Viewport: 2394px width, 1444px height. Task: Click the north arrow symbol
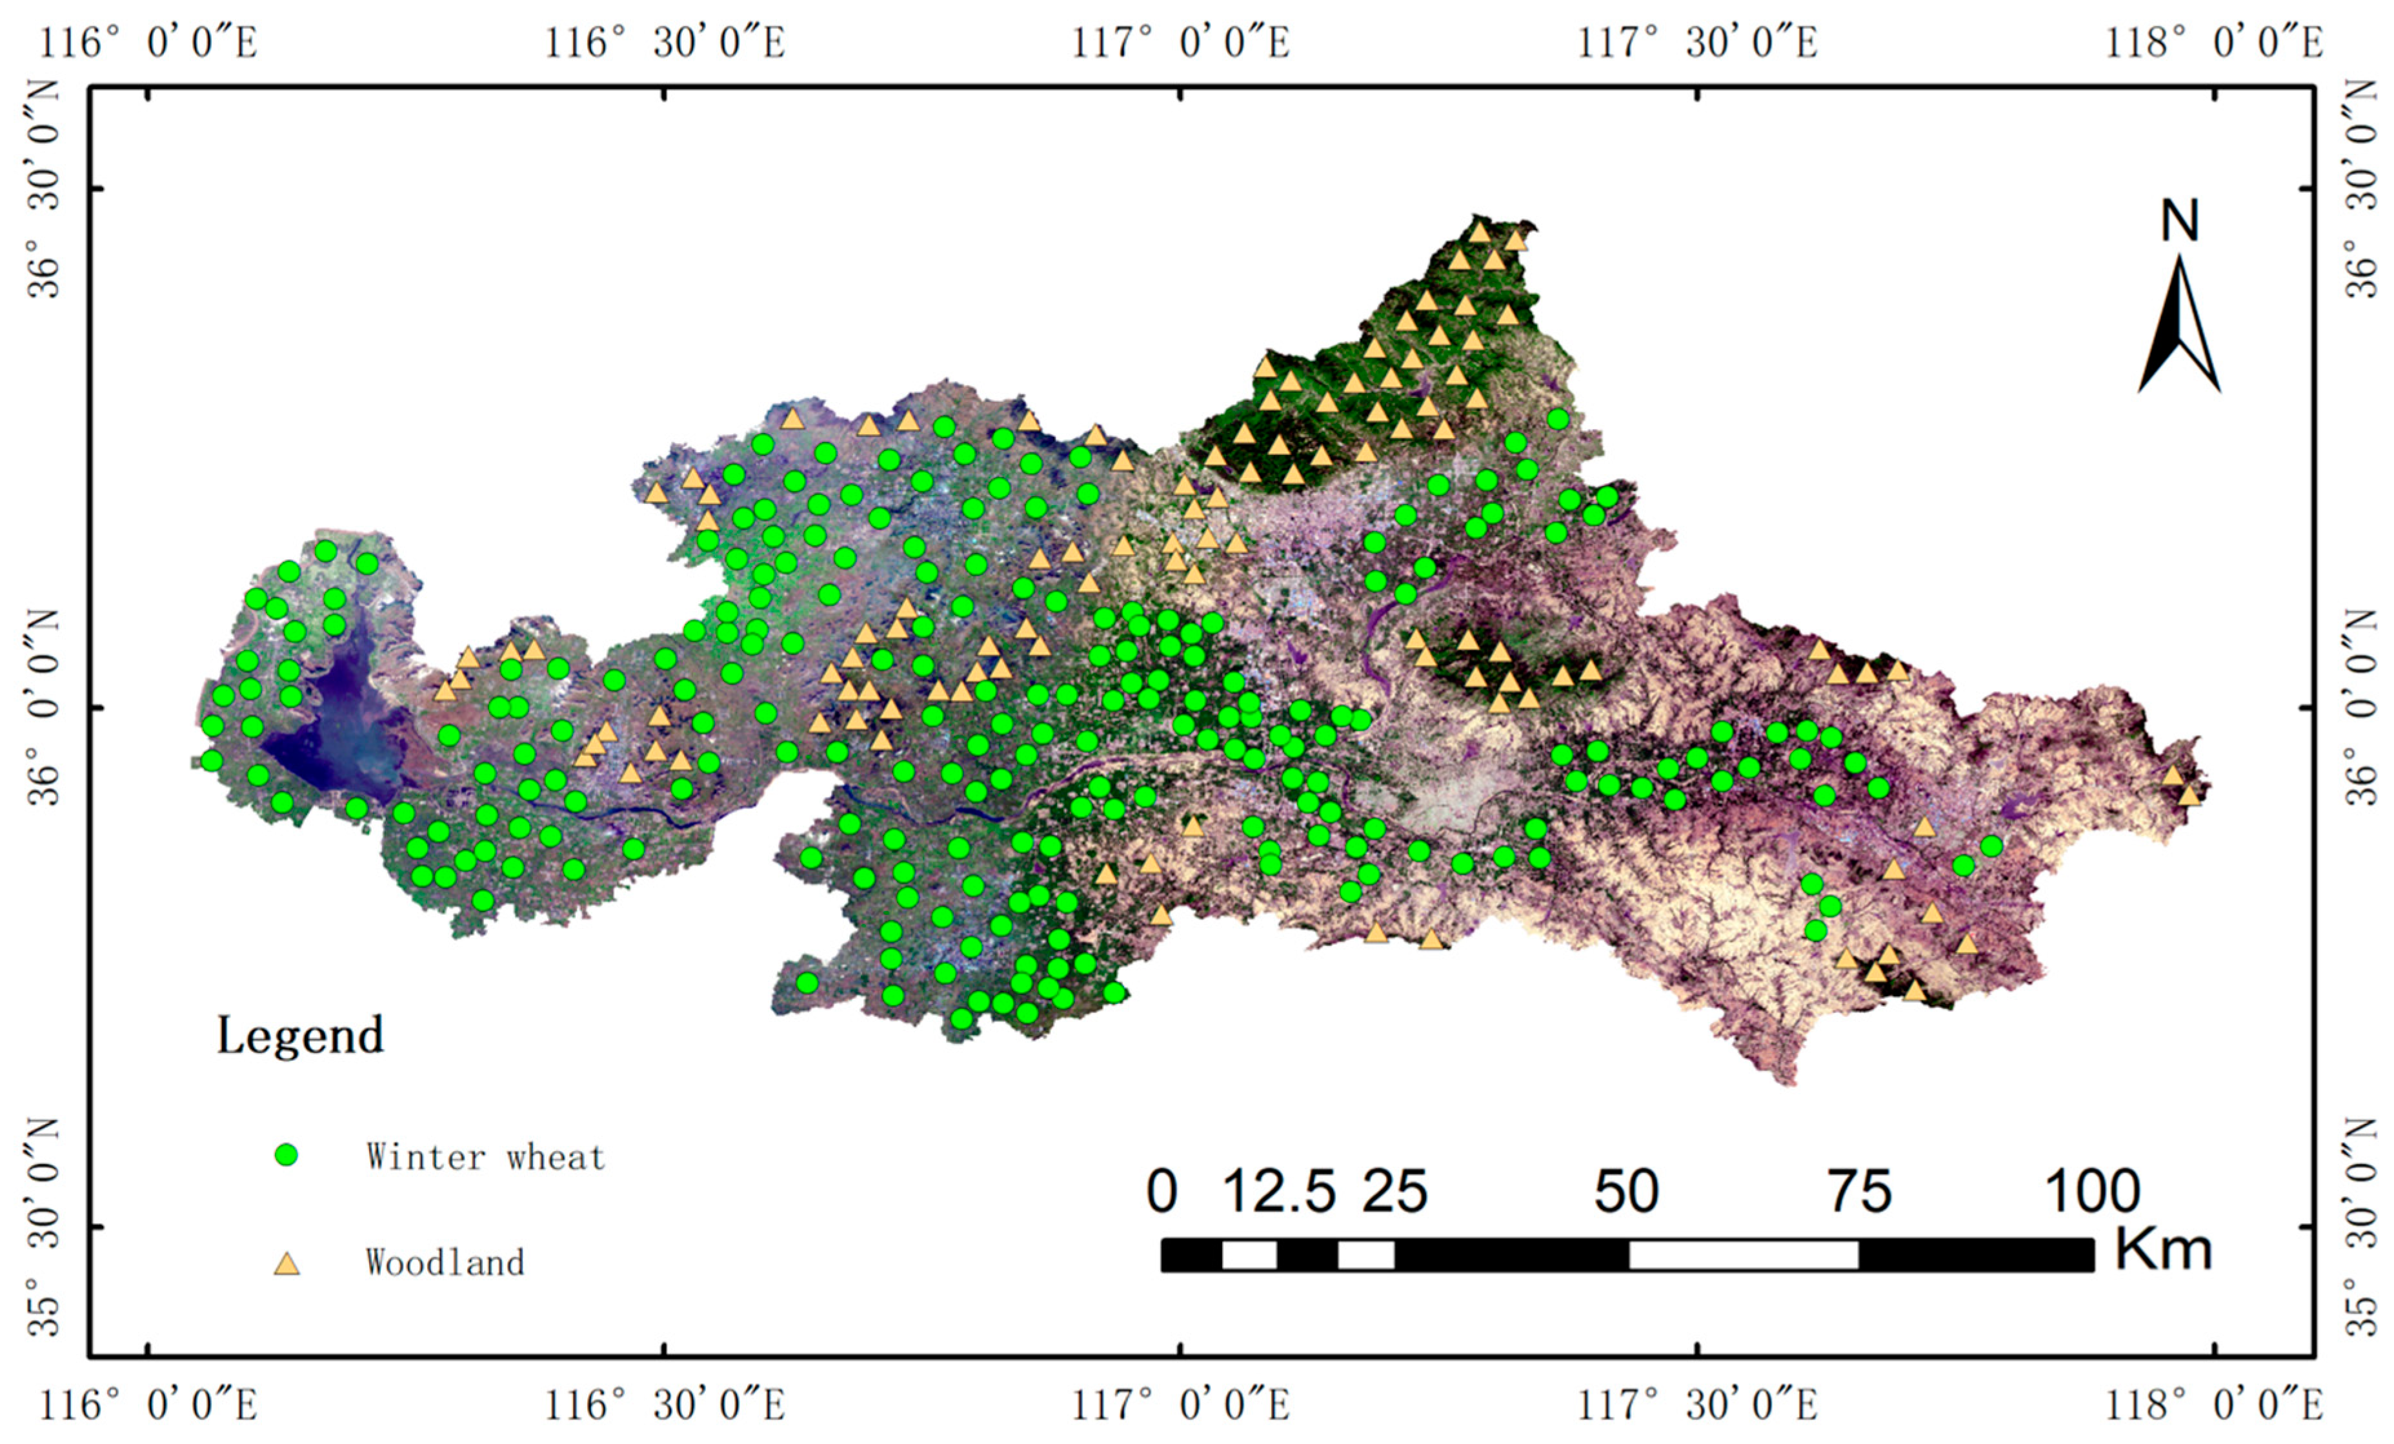click(x=2178, y=326)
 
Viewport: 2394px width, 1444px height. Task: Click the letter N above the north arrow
click(x=2179, y=221)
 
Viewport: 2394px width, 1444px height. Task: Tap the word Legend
click(x=299, y=1036)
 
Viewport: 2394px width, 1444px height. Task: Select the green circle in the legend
click(x=286, y=1156)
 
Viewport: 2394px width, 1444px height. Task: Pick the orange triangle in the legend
click(x=286, y=1263)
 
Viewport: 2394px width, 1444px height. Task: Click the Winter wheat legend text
click(x=485, y=1156)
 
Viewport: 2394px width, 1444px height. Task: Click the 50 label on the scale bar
click(x=1625, y=1191)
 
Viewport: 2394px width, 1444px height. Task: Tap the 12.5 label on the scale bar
click(x=1278, y=1191)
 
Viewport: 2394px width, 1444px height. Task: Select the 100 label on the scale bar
click(x=2092, y=1191)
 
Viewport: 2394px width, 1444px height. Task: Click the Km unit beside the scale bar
click(x=2163, y=1250)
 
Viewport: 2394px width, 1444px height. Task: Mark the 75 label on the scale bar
click(x=1860, y=1191)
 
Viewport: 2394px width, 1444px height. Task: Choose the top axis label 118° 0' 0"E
click(x=2213, y=43)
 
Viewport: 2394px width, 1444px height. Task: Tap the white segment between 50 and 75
click(x=1743, y=1254)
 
